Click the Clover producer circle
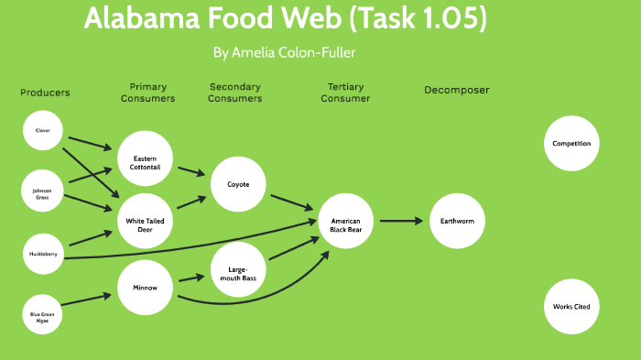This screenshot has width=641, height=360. click(x=43, y=131)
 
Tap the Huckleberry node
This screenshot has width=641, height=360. click(x=43, y=254)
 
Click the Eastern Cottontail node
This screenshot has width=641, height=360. click(x=145, y=163)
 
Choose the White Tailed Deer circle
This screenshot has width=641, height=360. click(x=145, y=221)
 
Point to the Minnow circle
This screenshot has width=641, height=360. click(x=145, y=288)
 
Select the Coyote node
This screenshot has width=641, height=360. click(x=238, y=184)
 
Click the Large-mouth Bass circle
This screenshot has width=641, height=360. click(x=238, y=270)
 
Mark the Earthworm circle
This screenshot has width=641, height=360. click(x=457, y=222)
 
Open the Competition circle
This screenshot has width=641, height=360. click(x=571, y=144)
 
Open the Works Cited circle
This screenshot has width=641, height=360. click(x=571, y=306)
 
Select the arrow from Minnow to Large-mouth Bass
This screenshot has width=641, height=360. click(x=190, y=278)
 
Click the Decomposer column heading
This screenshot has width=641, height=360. click(x=456, y=91)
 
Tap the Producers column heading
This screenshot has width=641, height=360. click(x=45, y=93)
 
